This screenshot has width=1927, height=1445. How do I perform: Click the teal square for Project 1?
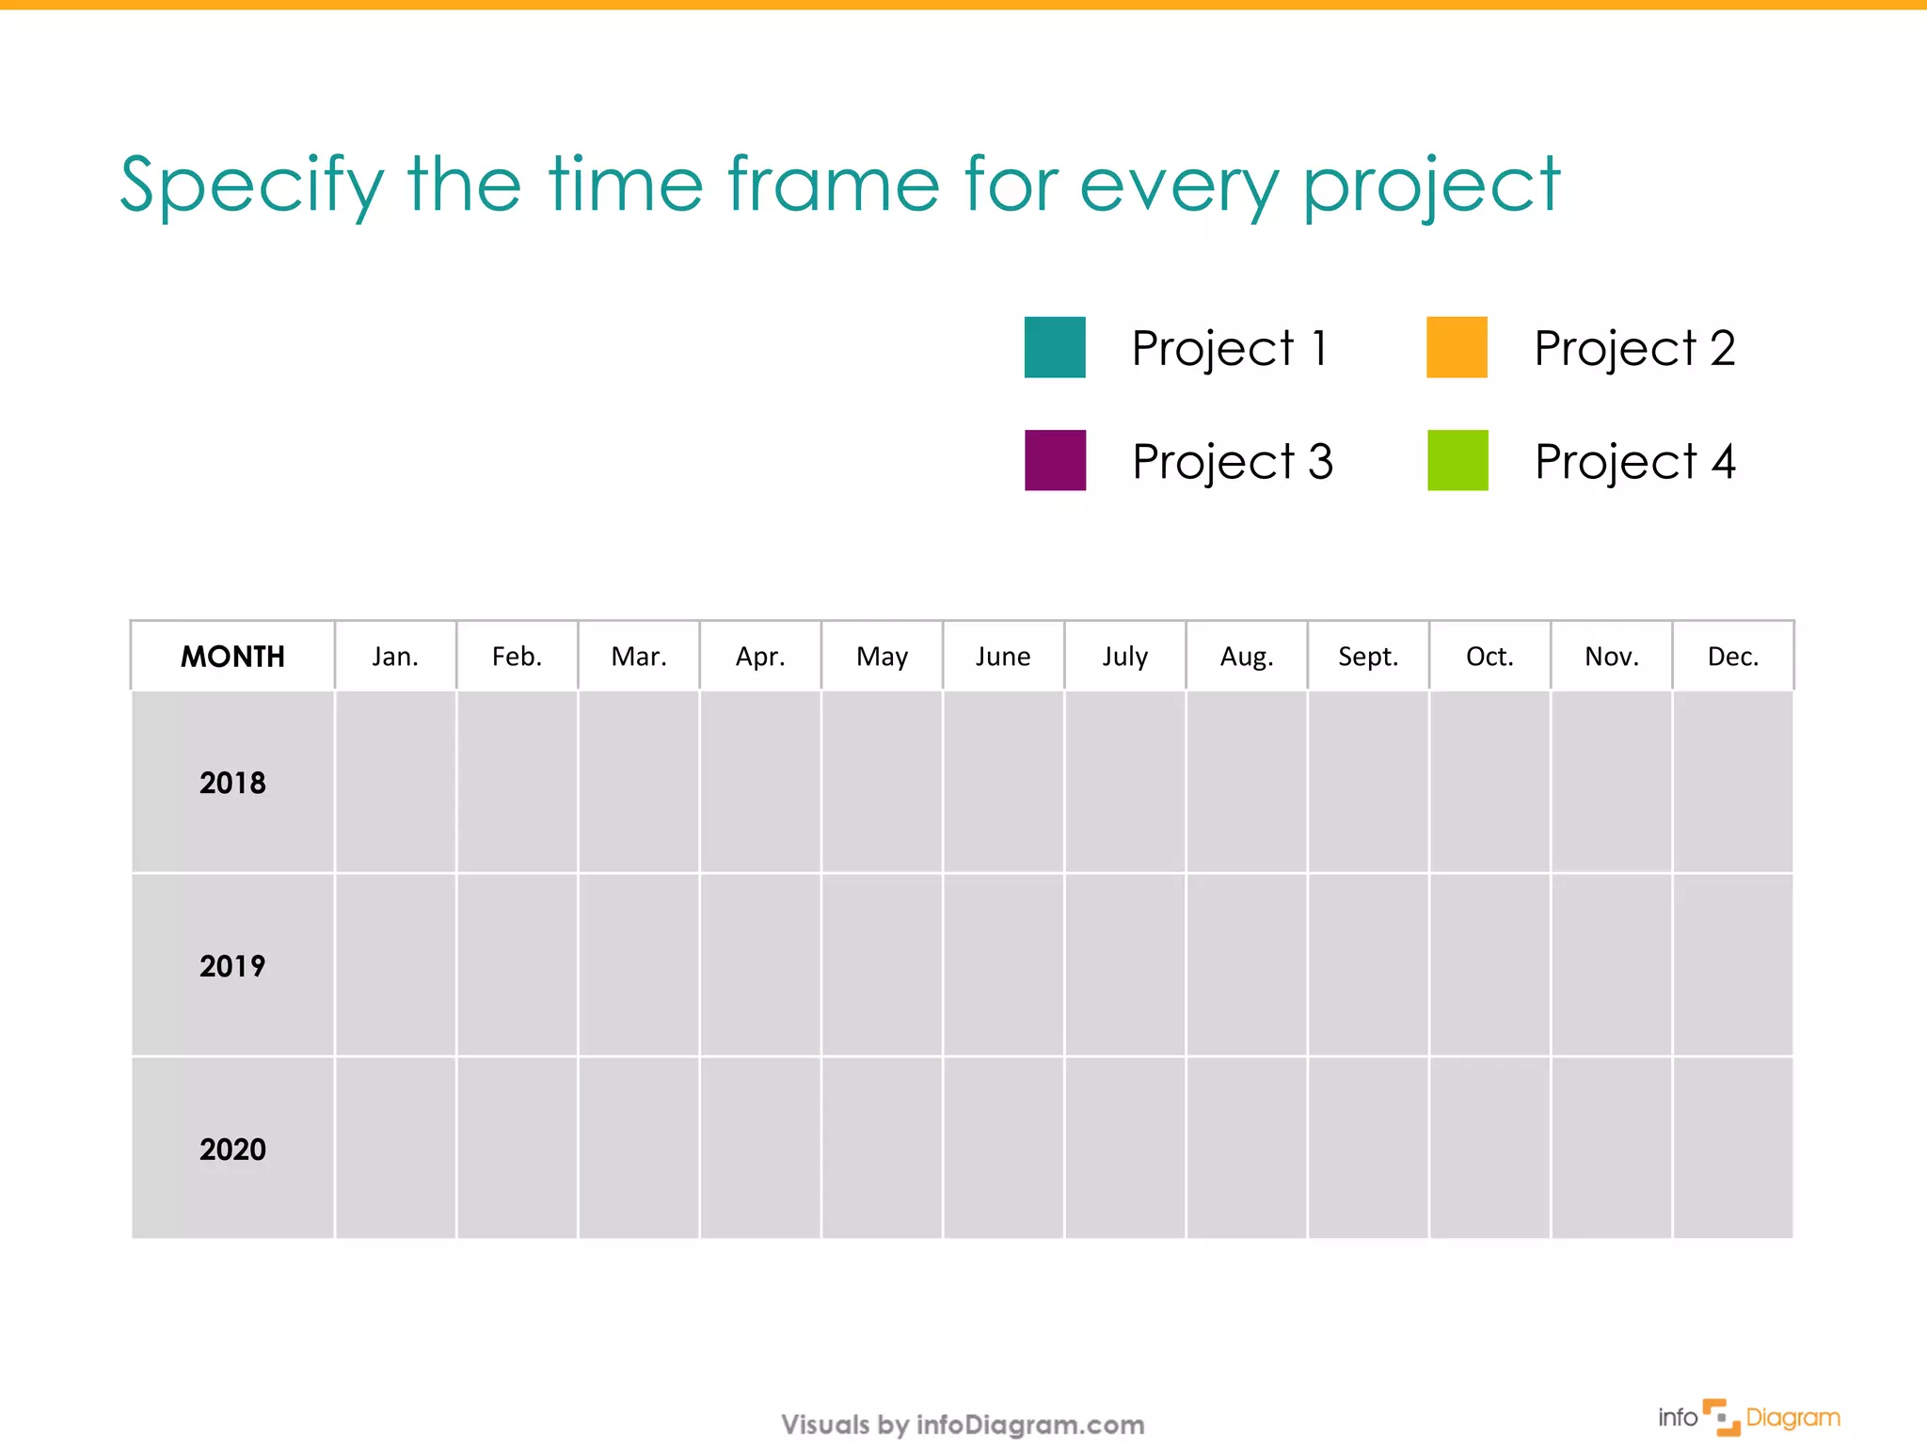pyautogui.click(x=1055, y=347)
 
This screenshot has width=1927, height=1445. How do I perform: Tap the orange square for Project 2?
pyautogui.click(x=1457, y=347)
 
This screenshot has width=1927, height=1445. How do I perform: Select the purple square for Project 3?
pyautogui.click(x=1055, y=460)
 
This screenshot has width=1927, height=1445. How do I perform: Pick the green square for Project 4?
pyautogui.click(x=1457, y=460)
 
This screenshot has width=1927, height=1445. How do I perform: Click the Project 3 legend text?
pyautogui.click(x=1232, y=462)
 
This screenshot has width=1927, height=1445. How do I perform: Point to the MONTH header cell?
pyautogui.click(x=232, y=656)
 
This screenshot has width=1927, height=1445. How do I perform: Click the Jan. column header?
pyautogui.click(x=395, y=656)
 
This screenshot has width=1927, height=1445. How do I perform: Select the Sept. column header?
pyautogui.click(x=1368, y=656)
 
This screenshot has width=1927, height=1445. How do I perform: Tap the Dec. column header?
pyautogui.click(x=1732, y=656)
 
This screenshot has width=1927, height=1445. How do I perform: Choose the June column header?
pyautogui.click(x=1003, y=656)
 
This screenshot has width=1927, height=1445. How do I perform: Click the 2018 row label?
pyautogui.click(x=232, y=783)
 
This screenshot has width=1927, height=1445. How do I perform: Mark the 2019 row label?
pyautogui.click(x=232, y=965)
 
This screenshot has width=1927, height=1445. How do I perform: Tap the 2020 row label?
pyautogui.click(x=232, y=1149)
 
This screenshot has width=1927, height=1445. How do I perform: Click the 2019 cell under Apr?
pyautogui.click(x=760, y=965)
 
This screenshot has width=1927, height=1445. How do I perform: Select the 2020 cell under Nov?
pyautogui.click(x=1611, y=1149)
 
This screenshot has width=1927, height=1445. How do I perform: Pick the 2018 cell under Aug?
pyautogui.click(x=1247, y=783)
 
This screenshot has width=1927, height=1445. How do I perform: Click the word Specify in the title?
pyautogui.click(x=252, y=185)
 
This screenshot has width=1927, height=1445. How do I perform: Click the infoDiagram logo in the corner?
pyautogui.click(x=1748, y=1418)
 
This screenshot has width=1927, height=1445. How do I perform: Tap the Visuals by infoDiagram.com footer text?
pyautogui.click(x=963, y=1424)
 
